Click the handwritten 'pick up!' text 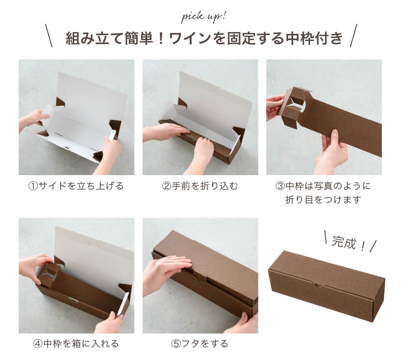pyautogui.click(x=204, y=17)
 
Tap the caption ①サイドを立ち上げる pyautogui.click(x=76, y=186)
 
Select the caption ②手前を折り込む pyautogui.click(x=200, y=186)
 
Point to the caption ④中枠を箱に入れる pyautogui.click(x=76, y=344)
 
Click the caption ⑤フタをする pyautogui.click(x=200, y=344)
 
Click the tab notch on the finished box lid pyautogui.click(x=318, y=284)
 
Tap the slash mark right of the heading pyautogui.click(x=353, y=36)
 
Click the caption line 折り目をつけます pyautogui.click(x=323, y=200)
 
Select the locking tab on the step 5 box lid pyautogui.click(x=200, y=276)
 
